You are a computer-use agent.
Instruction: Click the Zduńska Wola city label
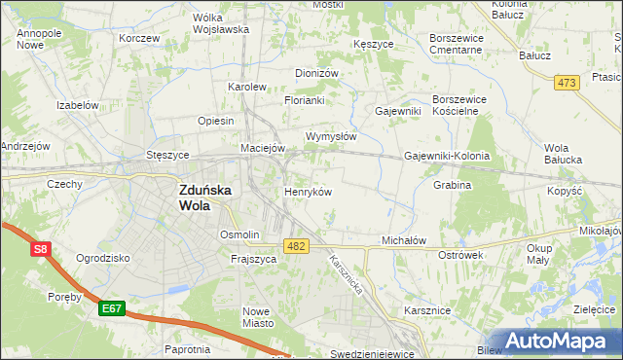tap(205, 198)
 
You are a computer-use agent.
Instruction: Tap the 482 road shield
tap(297, 247)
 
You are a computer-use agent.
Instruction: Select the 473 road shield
tap(567, 84)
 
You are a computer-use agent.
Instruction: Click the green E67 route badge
tap(112, 308)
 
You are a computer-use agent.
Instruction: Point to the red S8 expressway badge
tap(40, 250)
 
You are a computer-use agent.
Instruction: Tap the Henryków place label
tap(308, 192)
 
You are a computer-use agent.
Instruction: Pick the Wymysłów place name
tap(331, 136)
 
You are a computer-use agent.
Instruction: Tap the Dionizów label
tap(316, 72)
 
